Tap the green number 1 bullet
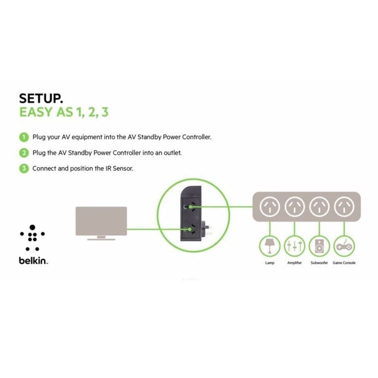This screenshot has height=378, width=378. click(24, 137)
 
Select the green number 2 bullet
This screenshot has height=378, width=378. click(24, 153)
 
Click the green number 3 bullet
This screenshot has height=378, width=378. click(24, 168)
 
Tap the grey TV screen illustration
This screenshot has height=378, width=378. click(101, 221)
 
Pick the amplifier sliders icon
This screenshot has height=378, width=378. click(294, 246)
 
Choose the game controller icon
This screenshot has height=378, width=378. click(344, 246)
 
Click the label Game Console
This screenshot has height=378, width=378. click(344, 263)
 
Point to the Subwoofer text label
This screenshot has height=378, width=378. click(319, 263)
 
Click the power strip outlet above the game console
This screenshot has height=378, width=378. click(344, 208)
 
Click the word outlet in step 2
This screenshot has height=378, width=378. click(172, 153)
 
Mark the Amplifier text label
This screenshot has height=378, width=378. click(294, 263)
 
